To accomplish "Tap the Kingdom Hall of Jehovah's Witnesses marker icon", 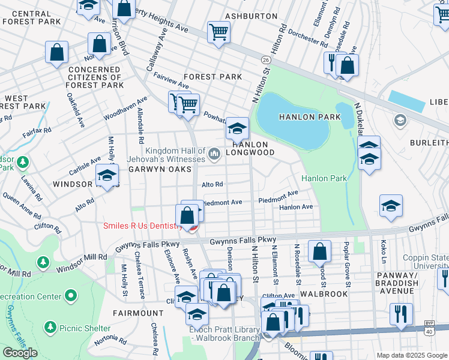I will (x=213, y=155).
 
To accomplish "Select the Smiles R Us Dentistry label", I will (x=142, y=226).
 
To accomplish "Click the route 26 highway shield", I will (x=265, y=60).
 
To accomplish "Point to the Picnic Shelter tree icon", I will (x=50, y=328).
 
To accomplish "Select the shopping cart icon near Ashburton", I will (x=219, y=32).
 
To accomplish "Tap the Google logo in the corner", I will (x=20, y=353).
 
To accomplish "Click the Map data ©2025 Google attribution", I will (x=411, y=355).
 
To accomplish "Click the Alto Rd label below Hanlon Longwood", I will (x=212, y=184).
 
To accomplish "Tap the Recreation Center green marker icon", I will (x=71, y=296).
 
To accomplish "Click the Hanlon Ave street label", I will (x=296, y=207).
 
